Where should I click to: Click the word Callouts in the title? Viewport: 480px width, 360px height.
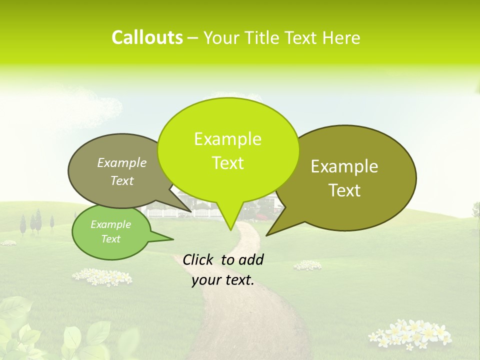click(147, 37)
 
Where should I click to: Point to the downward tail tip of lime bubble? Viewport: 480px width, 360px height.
click(230, 229)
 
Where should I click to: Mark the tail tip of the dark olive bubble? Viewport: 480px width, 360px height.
click(267, 234)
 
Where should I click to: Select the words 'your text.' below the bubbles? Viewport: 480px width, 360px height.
click(223, 280)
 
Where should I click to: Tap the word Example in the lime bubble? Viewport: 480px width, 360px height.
click(227, 139)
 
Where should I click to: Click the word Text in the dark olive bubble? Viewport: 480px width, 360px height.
click(344, 190)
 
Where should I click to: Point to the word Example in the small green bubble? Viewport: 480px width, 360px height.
click(110, 224)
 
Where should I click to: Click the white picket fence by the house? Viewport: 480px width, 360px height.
click(162, 213)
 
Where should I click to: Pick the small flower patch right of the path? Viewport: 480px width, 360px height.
click(307, 265)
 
